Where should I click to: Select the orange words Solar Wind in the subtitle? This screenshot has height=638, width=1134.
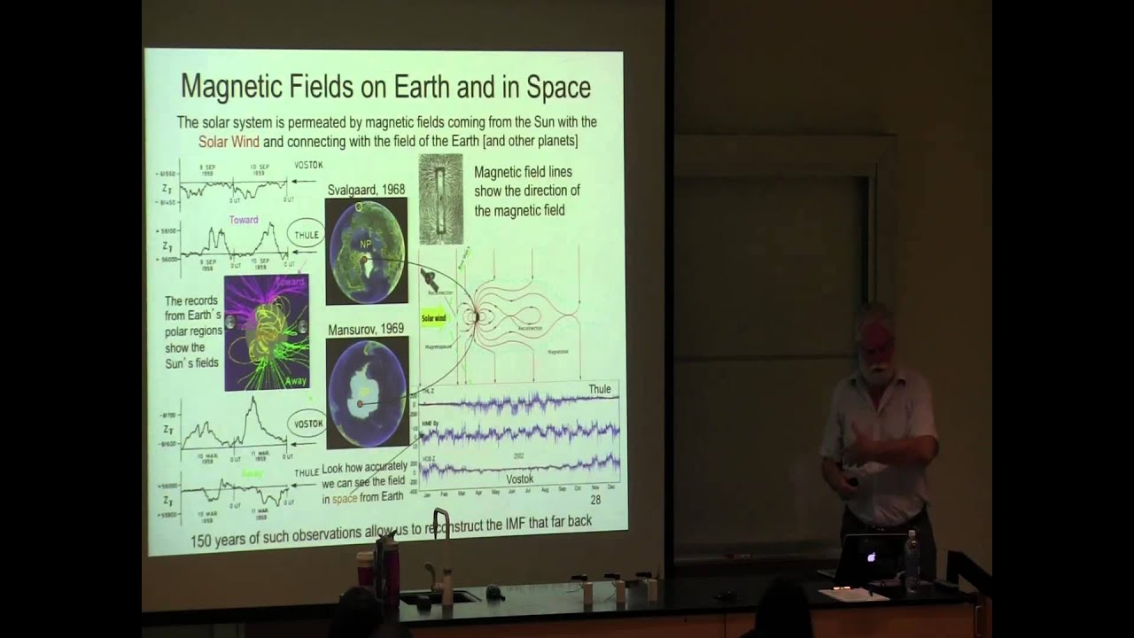[229, 141]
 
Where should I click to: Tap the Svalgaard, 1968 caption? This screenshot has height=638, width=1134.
[367, 189]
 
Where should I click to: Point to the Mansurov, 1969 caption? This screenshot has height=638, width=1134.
[365, 329]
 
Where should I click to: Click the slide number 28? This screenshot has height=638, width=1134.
[595, 500]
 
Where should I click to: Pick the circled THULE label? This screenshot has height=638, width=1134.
[306, 236]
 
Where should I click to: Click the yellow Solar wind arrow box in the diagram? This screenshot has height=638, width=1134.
[435, 317]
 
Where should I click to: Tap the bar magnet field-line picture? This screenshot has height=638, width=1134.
[440, 199]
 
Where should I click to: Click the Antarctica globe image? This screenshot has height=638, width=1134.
[367, 392]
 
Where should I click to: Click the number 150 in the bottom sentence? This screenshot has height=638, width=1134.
[206, 541]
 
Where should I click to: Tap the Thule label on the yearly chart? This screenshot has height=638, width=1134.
[599, 390]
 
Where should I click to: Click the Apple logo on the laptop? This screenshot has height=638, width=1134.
[871, 556]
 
